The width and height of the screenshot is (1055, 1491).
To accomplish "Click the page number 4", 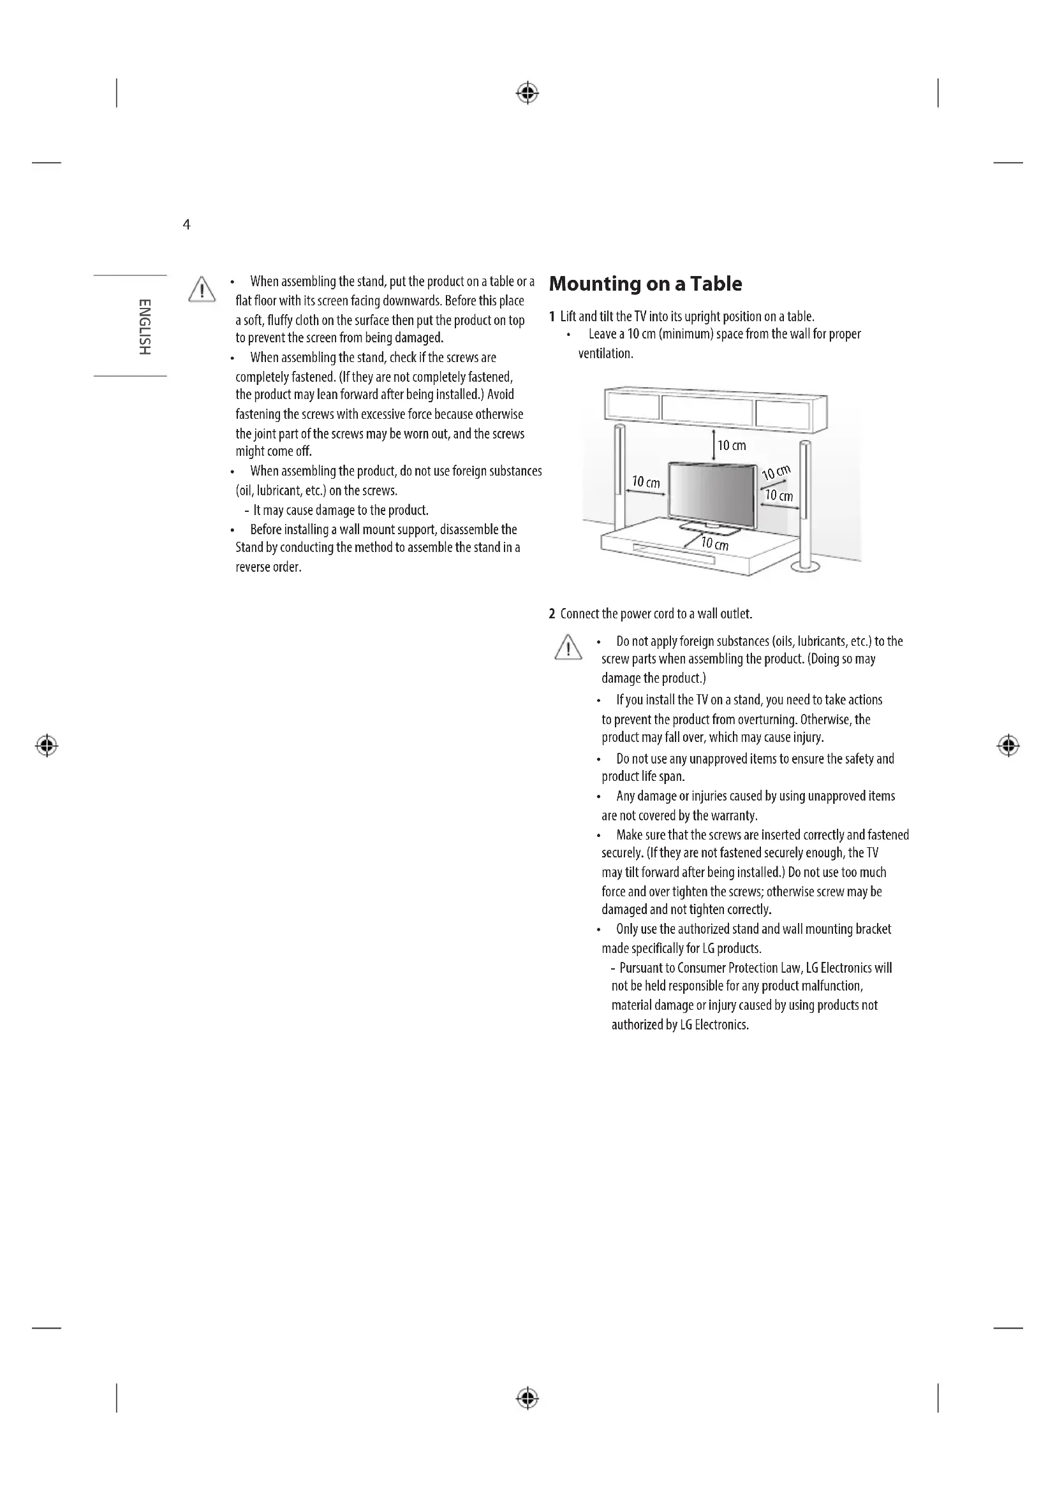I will click(x=186, y=224).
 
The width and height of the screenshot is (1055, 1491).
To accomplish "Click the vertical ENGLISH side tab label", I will click(x=144, y=326).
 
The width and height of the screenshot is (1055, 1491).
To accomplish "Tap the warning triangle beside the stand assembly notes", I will click(x=202, y=289).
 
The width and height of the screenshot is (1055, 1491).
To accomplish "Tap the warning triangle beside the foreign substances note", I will click(x=568, y=648).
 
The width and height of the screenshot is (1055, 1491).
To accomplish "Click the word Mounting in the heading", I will click(x=594, y=284).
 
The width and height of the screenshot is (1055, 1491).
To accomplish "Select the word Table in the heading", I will click(x=716, y=284).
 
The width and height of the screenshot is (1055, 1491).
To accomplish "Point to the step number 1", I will click(x=552, y=317).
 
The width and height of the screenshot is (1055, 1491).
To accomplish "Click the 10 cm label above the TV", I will click(x=732, y=446).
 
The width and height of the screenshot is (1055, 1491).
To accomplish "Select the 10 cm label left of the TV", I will click(x=646, y=482).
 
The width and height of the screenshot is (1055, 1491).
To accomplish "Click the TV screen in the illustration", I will click(x=712, y=493).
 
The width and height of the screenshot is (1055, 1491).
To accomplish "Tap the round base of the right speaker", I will click(x=806, y=567).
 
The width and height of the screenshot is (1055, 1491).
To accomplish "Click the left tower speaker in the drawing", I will click(x=620, y=474).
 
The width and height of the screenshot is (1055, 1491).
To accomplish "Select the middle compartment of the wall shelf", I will click(x=707, y=409).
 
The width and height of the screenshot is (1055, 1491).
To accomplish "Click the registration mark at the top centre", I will click(x=527, y=94).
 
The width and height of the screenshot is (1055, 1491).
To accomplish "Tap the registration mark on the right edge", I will click(x=1008, y=746).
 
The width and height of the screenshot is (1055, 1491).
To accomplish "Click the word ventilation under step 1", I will click(x=605, y=354).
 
